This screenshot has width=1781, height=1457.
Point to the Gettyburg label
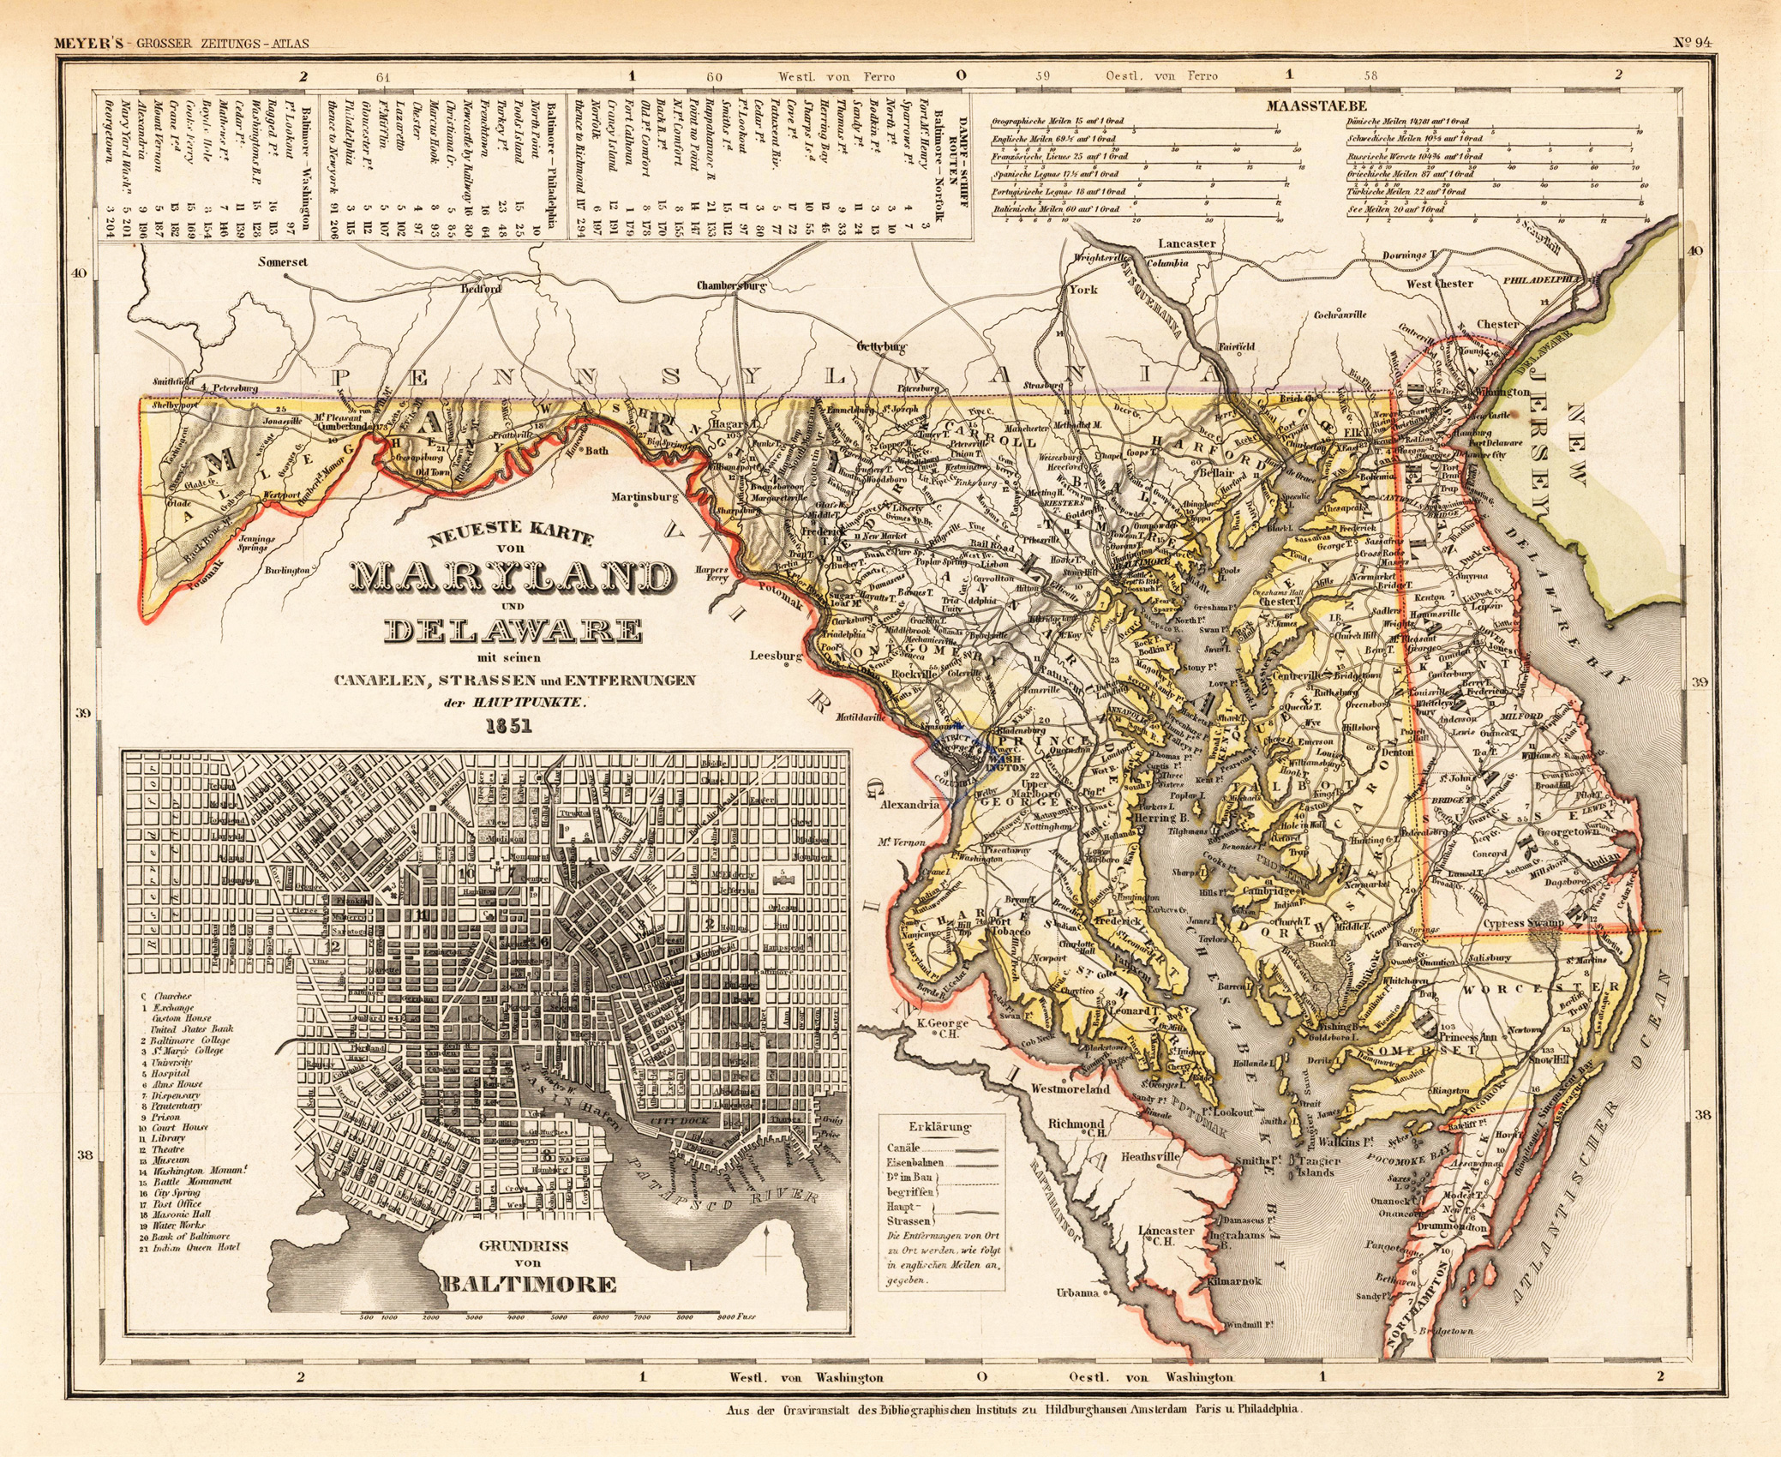pos(882,347)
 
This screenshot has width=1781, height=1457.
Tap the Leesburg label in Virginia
pos(776,657)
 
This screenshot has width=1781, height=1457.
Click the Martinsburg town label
pos(645,496)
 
